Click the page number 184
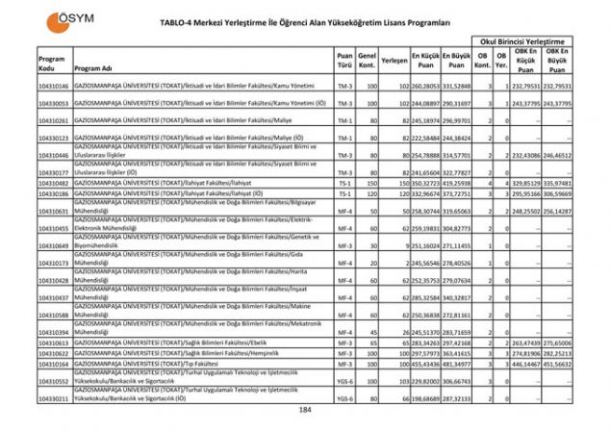tap(305, 410)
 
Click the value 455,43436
tap(425, 365)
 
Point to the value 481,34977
tap(456, 365)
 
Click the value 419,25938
tap(456, 182)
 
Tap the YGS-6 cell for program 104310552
tap(344, 381)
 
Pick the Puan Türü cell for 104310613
tap(344, 343)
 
